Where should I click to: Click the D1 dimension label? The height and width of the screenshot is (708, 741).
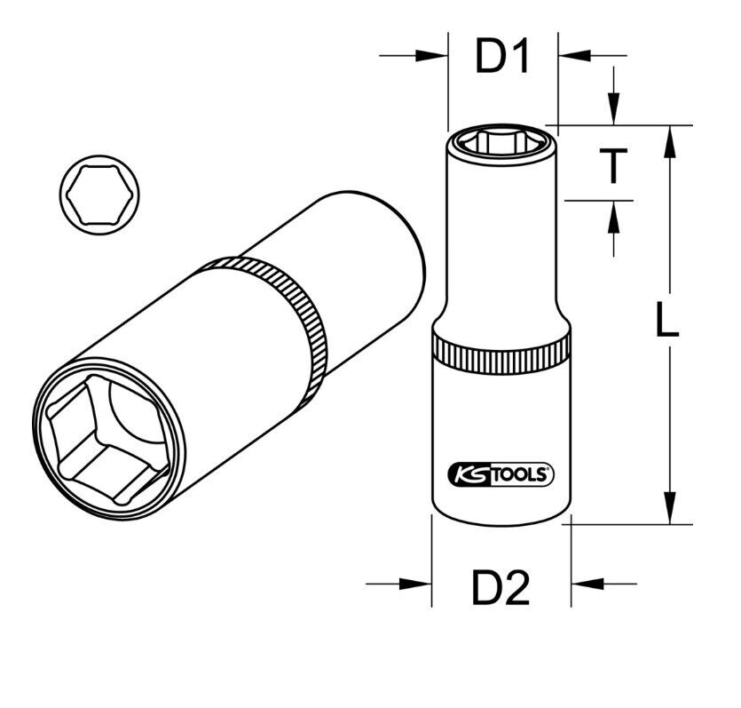coord(502,57)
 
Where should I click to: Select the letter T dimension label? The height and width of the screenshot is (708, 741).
coord(612,165)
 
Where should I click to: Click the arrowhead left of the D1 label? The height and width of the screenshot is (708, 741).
coord(433,55)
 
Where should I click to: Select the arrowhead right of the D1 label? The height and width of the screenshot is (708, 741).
coord(573,55)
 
